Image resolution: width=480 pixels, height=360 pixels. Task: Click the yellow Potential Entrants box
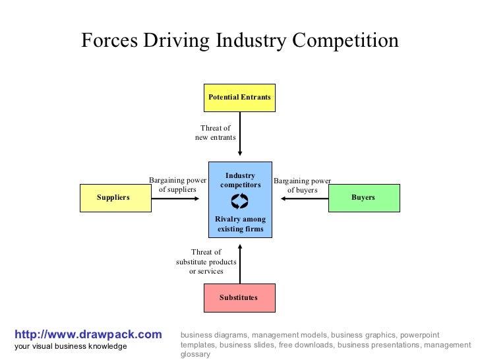click(x=239, y=98)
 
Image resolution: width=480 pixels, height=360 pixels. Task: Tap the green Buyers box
click(x=364, y=198)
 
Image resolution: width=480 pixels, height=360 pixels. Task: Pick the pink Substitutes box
click(x=239, y=298)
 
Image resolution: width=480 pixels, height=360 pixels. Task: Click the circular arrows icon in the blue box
click(x=240, y=201)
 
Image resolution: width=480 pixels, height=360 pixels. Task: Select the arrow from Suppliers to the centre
click(x=179, y=198)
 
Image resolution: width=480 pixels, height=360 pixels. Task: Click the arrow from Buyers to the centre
click(x=301, y=198)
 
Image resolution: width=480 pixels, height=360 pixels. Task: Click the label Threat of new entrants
click(x=215, y=133)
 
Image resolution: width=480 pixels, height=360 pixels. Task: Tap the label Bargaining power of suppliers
click(x=177, y=185)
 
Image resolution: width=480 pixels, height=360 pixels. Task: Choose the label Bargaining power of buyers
click(x=302, y=185)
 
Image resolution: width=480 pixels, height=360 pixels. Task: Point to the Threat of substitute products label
click(x=206, y=261)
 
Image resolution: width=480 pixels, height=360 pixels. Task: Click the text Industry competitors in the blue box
click(x=240, y=180)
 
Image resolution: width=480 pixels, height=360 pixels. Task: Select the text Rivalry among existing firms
click(x=240, y=224)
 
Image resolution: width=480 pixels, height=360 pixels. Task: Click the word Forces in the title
click(x=109, y=41)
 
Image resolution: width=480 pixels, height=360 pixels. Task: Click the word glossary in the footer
click(x=195, y=354)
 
